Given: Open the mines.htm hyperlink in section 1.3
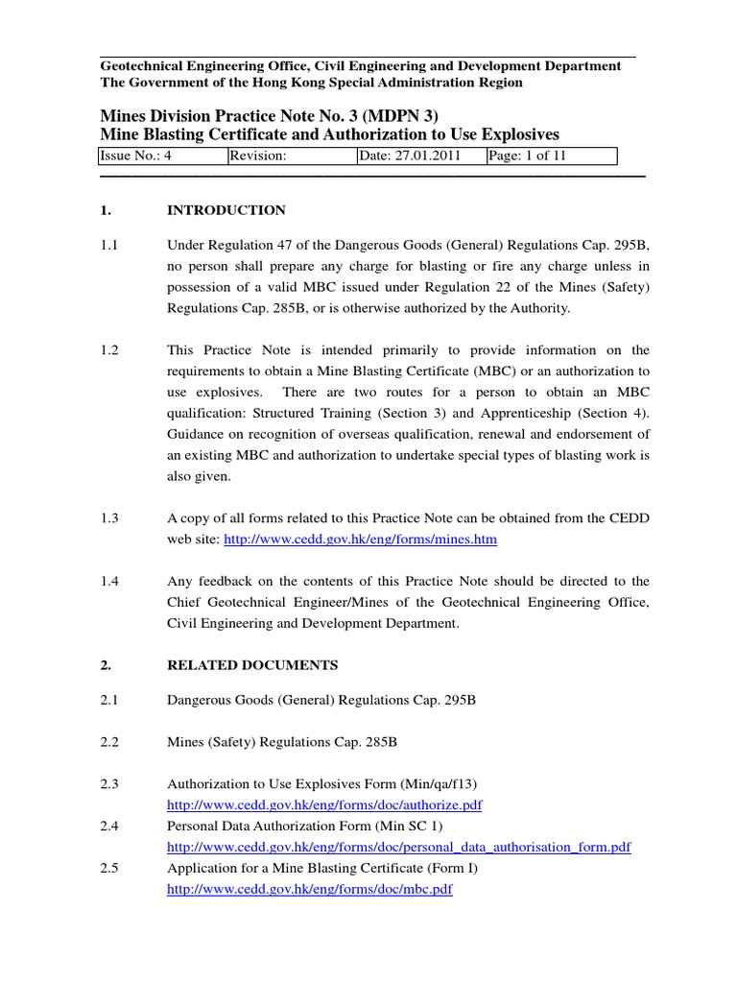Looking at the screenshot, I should [360, 540].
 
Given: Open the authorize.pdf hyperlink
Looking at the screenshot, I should [324, 804].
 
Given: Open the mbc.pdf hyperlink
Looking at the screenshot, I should [310, 889].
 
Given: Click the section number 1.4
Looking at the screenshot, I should [110, 581].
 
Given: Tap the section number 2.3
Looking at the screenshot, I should [110, 783].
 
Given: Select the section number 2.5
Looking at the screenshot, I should [110, 868].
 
